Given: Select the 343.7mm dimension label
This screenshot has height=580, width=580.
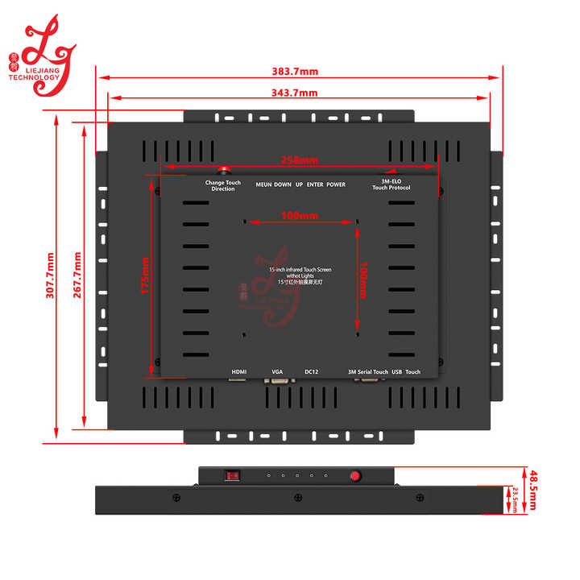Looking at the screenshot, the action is click(295, 93).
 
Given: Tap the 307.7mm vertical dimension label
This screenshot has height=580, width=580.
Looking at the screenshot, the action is click(50, 275).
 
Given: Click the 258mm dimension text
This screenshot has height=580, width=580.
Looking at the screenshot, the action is click(299, 160).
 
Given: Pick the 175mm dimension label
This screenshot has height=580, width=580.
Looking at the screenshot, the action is click(145, 275).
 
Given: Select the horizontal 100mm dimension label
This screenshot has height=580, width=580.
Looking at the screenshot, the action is click(300, 215).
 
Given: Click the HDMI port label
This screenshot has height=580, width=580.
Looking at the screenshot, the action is click(239, 371).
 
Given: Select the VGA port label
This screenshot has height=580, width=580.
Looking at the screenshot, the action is click(277, 371).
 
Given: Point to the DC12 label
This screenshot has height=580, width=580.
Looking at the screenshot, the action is click(312, 371).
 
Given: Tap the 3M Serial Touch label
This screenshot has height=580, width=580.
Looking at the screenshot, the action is click(368, 371).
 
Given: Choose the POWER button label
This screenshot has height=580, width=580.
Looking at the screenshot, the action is click(336, 184).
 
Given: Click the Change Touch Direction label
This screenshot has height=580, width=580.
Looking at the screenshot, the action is click(223, 185).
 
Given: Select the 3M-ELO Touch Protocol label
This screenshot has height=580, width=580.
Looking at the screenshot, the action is click(391, 185).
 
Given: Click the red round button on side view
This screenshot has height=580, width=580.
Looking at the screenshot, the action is click(354, 475).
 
